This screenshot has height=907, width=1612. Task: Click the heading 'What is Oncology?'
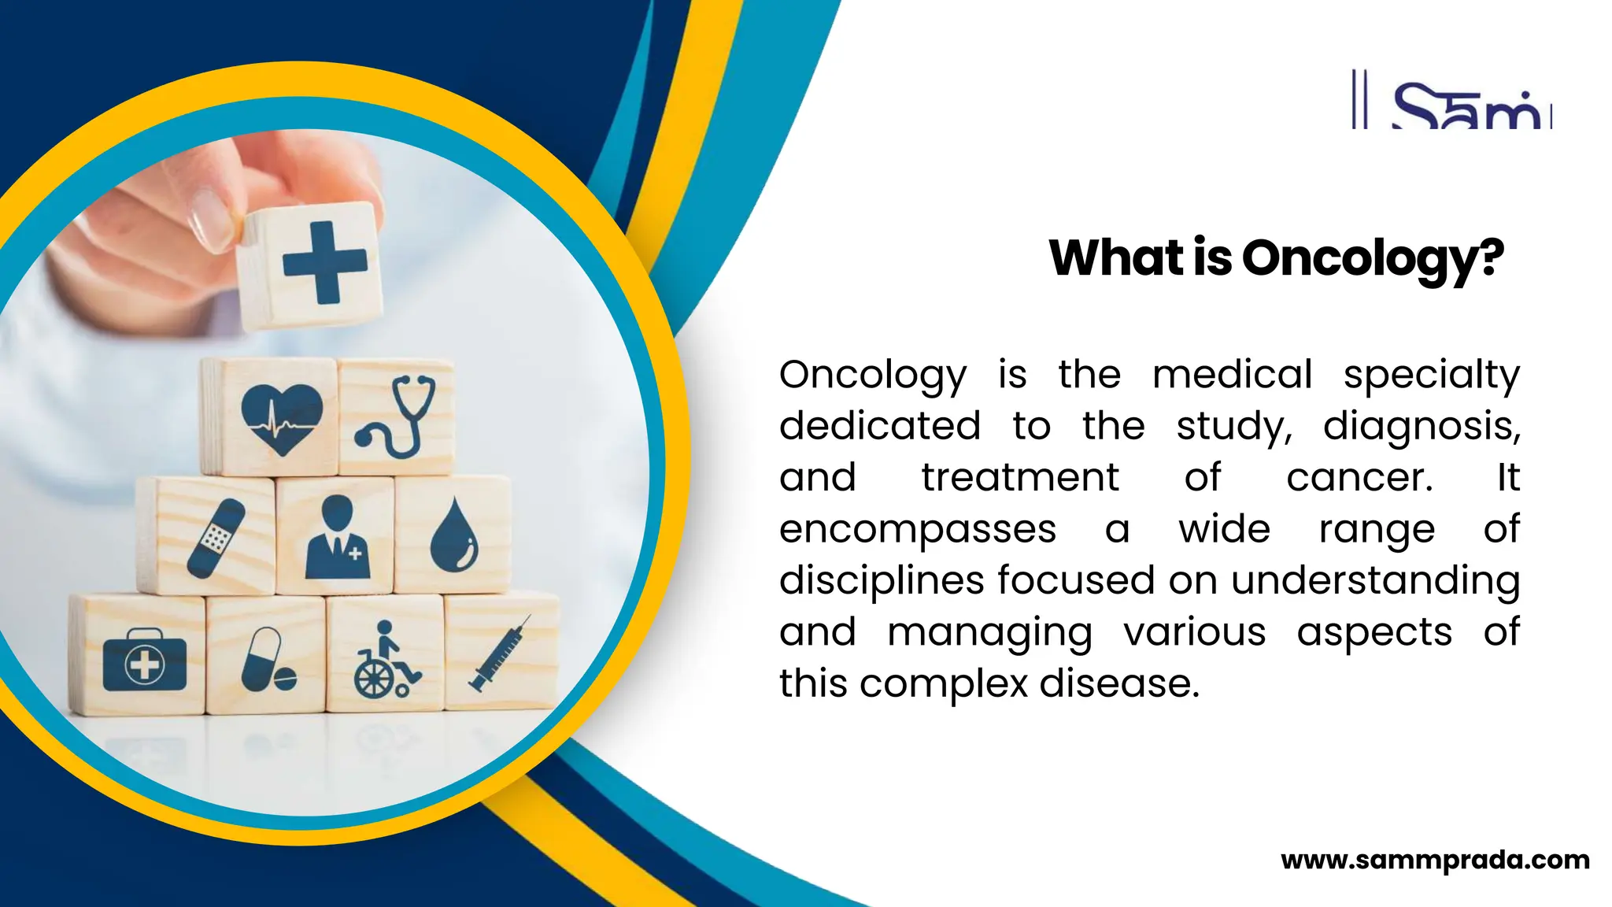point(1276,258)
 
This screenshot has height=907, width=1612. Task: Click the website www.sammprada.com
point(1435,860)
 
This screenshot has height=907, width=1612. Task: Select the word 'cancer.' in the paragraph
point(1359,478)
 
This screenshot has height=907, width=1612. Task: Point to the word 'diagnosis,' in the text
point(1422,427)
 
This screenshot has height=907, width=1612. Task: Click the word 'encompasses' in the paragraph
point(917,529)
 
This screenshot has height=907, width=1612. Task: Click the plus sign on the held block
point(324,262)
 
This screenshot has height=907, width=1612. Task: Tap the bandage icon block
point(216,538)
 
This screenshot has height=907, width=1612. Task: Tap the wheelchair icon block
point(386,660)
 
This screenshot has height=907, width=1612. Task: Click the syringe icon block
point(501,654)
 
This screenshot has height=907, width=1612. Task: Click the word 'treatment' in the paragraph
point(1019,478)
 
